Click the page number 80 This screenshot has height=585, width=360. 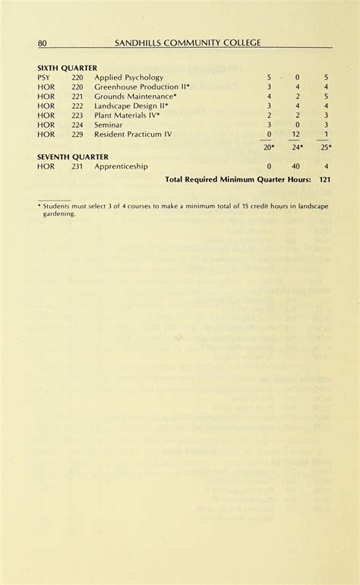(x=43, y=43)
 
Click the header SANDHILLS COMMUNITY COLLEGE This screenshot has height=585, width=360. (x=188, y=43)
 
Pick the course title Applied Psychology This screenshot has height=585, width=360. (x=129, y=77)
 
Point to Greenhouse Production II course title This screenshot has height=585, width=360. (x=142, y=87)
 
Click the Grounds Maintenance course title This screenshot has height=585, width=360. (x=136, y=96)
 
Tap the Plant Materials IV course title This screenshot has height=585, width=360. (x=127, y=115)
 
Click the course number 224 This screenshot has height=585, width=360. (x=77, y=125)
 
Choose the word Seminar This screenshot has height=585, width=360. (x=108, y=125)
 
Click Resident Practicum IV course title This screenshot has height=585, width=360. (x=133, y=134)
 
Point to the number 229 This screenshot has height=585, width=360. (x=77, y=134)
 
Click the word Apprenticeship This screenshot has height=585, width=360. (x=121, y=166)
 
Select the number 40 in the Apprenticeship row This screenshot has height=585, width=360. (x=296, y=166)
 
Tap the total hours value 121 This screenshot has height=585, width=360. (x=325, y=180)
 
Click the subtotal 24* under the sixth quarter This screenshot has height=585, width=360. (x=297, y=147)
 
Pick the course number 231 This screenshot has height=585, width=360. (x=77, y=166)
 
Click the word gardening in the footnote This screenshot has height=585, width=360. (x=59, y=213)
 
